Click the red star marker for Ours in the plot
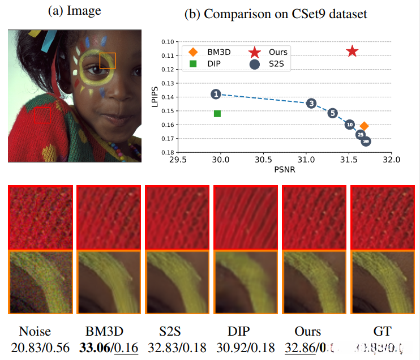[352, 52]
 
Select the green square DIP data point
[217, 114]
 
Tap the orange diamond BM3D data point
[365, 126]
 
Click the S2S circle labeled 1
[216, 94]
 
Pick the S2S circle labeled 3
[311, 103]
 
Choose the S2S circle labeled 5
[333, 113]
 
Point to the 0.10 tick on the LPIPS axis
[168, 42]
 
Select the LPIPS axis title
[153, 96]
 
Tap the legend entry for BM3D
[205, 52]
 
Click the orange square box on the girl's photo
[108, 60]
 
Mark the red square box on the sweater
[42, 115]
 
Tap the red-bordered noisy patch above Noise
[40, 218]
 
